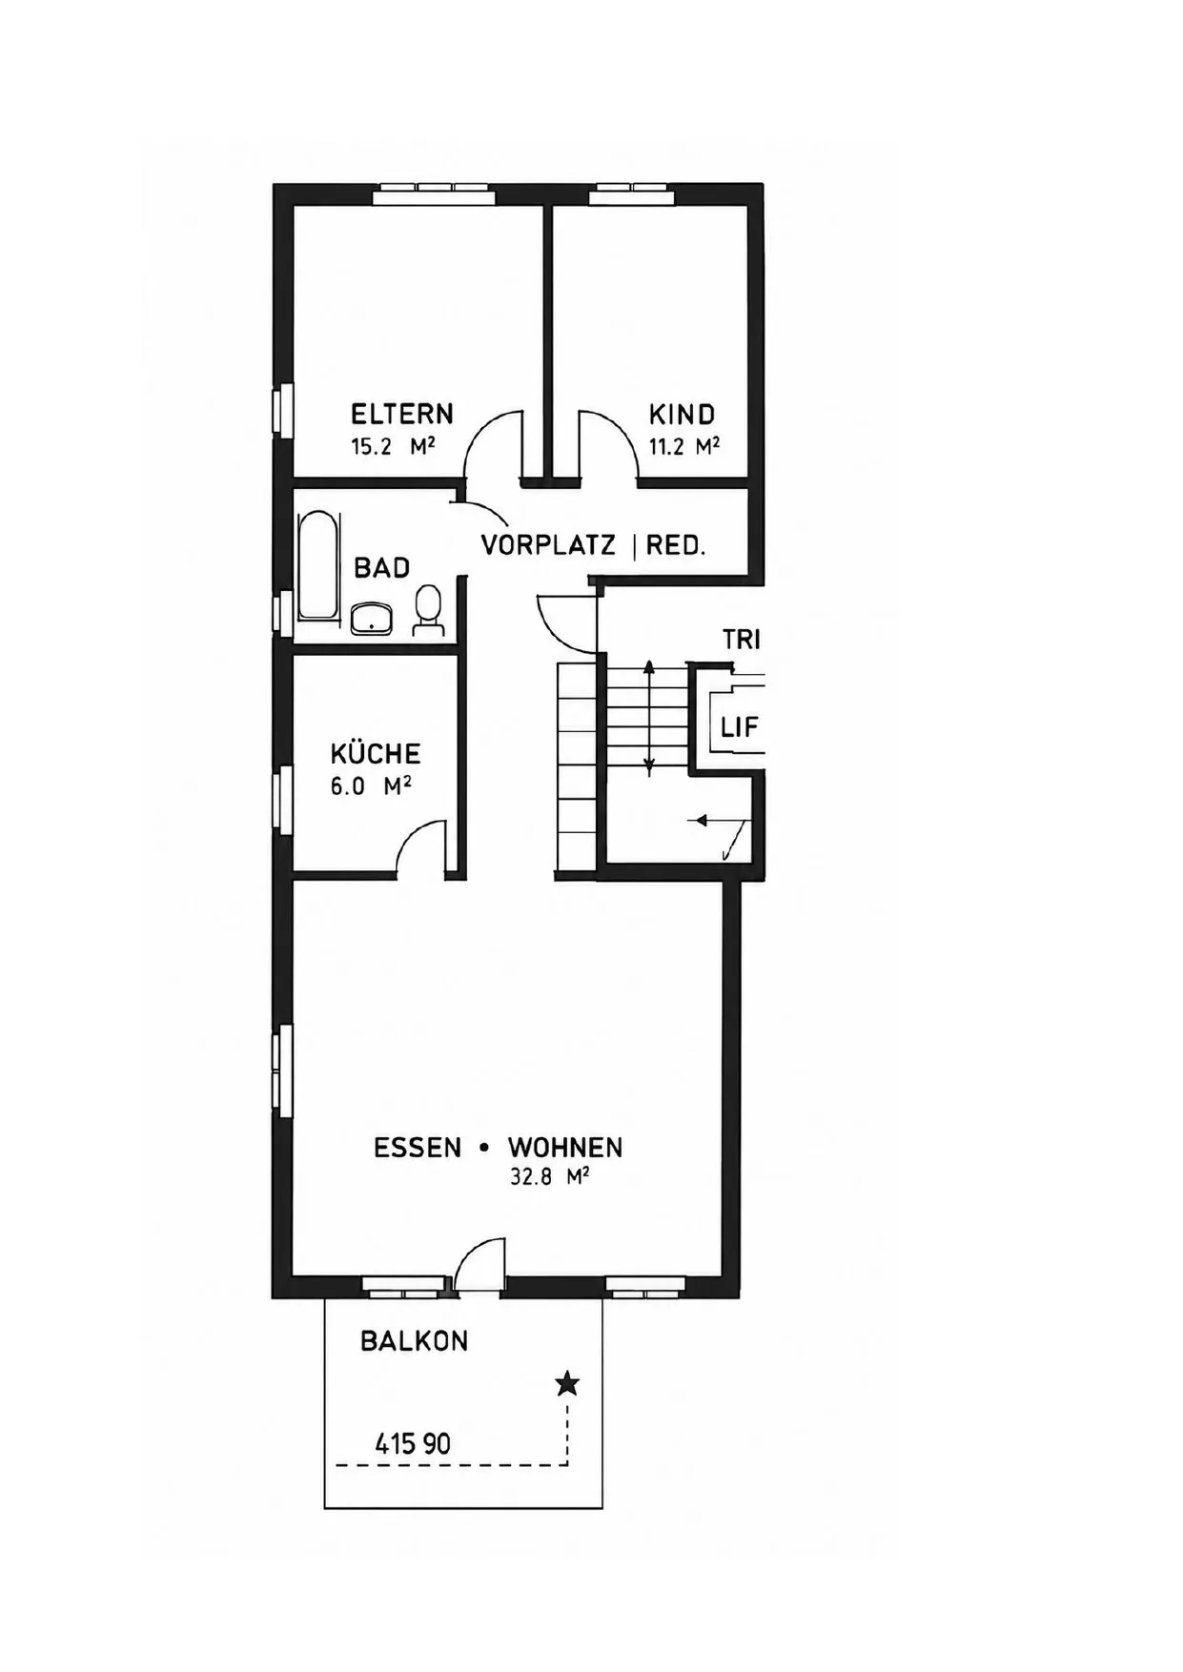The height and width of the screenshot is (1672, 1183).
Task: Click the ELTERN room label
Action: pyautogui.click(x=401, y=414)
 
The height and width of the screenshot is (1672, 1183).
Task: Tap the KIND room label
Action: pyautogui.click(x=682, y=415)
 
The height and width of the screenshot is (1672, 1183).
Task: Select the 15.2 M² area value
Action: pyautogui.click(x=393, y=446)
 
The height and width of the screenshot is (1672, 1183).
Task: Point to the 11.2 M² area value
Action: pyautogui.click(x=683, y=446)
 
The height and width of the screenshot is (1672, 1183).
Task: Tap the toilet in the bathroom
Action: pyautogui.click(x=428, y=611)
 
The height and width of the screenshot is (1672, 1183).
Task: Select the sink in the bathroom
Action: pyautogui.click(x=372, y=619)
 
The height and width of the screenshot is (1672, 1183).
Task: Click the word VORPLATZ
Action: pyautogui.click(x=548, y=546)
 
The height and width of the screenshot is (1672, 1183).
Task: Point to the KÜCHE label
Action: pyautogui.click(x=376, y=753)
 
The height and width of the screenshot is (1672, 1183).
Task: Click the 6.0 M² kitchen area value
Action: pyautogui.click(x=371, y=786)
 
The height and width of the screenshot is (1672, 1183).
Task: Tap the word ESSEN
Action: pyautogui.click(x=418, y=1148)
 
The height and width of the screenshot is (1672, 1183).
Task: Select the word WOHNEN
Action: pyautogui.click(x=565, y=1148)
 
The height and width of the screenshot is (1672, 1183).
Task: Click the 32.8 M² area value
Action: pyautogui.click(x=549, y=1176)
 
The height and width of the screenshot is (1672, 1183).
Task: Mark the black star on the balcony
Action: pyautogui.click(x=567, y=1383)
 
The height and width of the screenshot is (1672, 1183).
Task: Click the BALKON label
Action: pyautogui.click(x=415, y=1341)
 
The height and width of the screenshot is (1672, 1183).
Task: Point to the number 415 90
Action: pyautogui.click(x=413, y=1444)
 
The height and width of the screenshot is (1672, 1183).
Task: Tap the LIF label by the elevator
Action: pyautogui.click(x=740, y=728)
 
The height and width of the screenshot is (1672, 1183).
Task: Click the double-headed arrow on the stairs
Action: pyautogui.click(x=649, y=717)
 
